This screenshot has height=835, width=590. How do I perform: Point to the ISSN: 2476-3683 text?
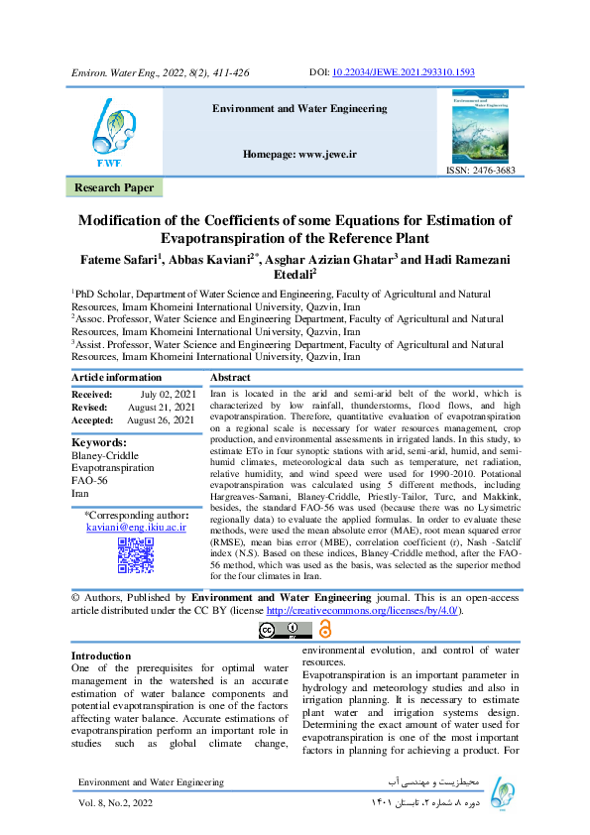click(480, 171)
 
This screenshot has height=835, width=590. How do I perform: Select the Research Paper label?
click(114, 187)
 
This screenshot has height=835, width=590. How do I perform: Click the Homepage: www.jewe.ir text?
click(298, 156)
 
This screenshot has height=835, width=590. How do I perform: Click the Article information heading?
click(116, 377)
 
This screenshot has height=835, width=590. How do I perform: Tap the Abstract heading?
click(230, 377)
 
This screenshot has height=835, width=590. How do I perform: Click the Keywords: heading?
click(99, 442)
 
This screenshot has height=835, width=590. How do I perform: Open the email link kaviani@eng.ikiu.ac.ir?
click(136, 530)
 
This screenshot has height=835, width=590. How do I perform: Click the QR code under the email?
click(136, 557)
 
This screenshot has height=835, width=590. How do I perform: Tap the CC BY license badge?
click(279, 631)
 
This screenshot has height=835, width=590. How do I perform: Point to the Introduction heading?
click(101, 656)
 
